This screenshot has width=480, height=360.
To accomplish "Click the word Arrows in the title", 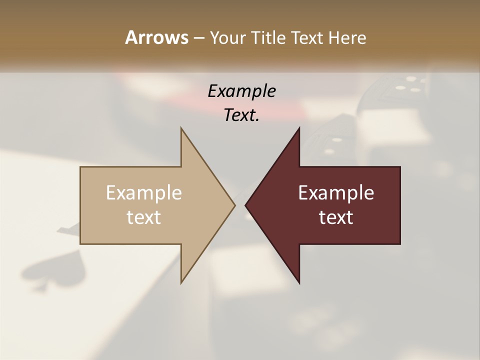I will [x=156, y=37].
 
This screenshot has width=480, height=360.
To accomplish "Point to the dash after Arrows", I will [x=198, y=38].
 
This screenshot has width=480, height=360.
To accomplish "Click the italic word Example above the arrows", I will [x=242, y=91].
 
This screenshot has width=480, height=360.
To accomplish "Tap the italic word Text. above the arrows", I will [x=242, y=115].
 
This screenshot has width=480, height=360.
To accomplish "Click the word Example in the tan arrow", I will [x=144, y=193].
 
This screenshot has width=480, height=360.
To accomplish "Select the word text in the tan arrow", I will [x=144, y=217].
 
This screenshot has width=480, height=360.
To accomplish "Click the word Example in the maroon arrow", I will [x=336, y=193].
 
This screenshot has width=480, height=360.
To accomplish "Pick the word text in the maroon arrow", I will [x=336, y=217].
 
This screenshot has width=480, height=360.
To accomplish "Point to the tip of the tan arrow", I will [x=234, y=205].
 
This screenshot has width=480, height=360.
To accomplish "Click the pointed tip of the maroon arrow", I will [x=245, y=205].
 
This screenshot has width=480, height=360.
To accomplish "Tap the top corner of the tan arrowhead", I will [x=181, y=128].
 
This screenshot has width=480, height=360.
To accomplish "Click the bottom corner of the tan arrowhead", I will [x=181, y=283].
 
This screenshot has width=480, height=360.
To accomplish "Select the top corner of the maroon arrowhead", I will [x=299, y=128].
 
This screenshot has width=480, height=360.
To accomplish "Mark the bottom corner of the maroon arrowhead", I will [x=299, y=283].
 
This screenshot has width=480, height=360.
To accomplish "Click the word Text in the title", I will [x=307, y=38].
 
